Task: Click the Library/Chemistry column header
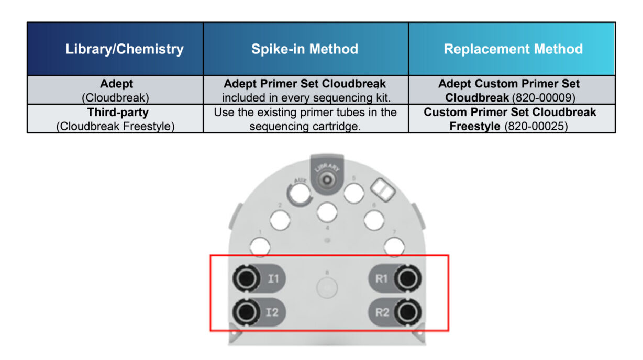click(x=124, y=50)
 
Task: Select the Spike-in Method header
click(x=305, y=50)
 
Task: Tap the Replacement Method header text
click(x=513, y=50)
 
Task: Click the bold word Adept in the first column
click(x=117, y=84)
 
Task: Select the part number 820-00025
click(x=536, y=126)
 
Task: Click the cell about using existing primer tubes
click(x=305, y=119)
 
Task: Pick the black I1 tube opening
click(x=245, y=278)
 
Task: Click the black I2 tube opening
click(x=245, y=312)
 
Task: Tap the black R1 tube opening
click(x=407, y=278)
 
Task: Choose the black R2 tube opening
click(x=407, y=312)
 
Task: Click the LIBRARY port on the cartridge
click(x=327, y=179)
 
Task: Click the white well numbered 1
click(x=260, y=245)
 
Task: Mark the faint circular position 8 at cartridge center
click(x=327, y=287)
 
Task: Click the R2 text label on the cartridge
click(x=382, y=313)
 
